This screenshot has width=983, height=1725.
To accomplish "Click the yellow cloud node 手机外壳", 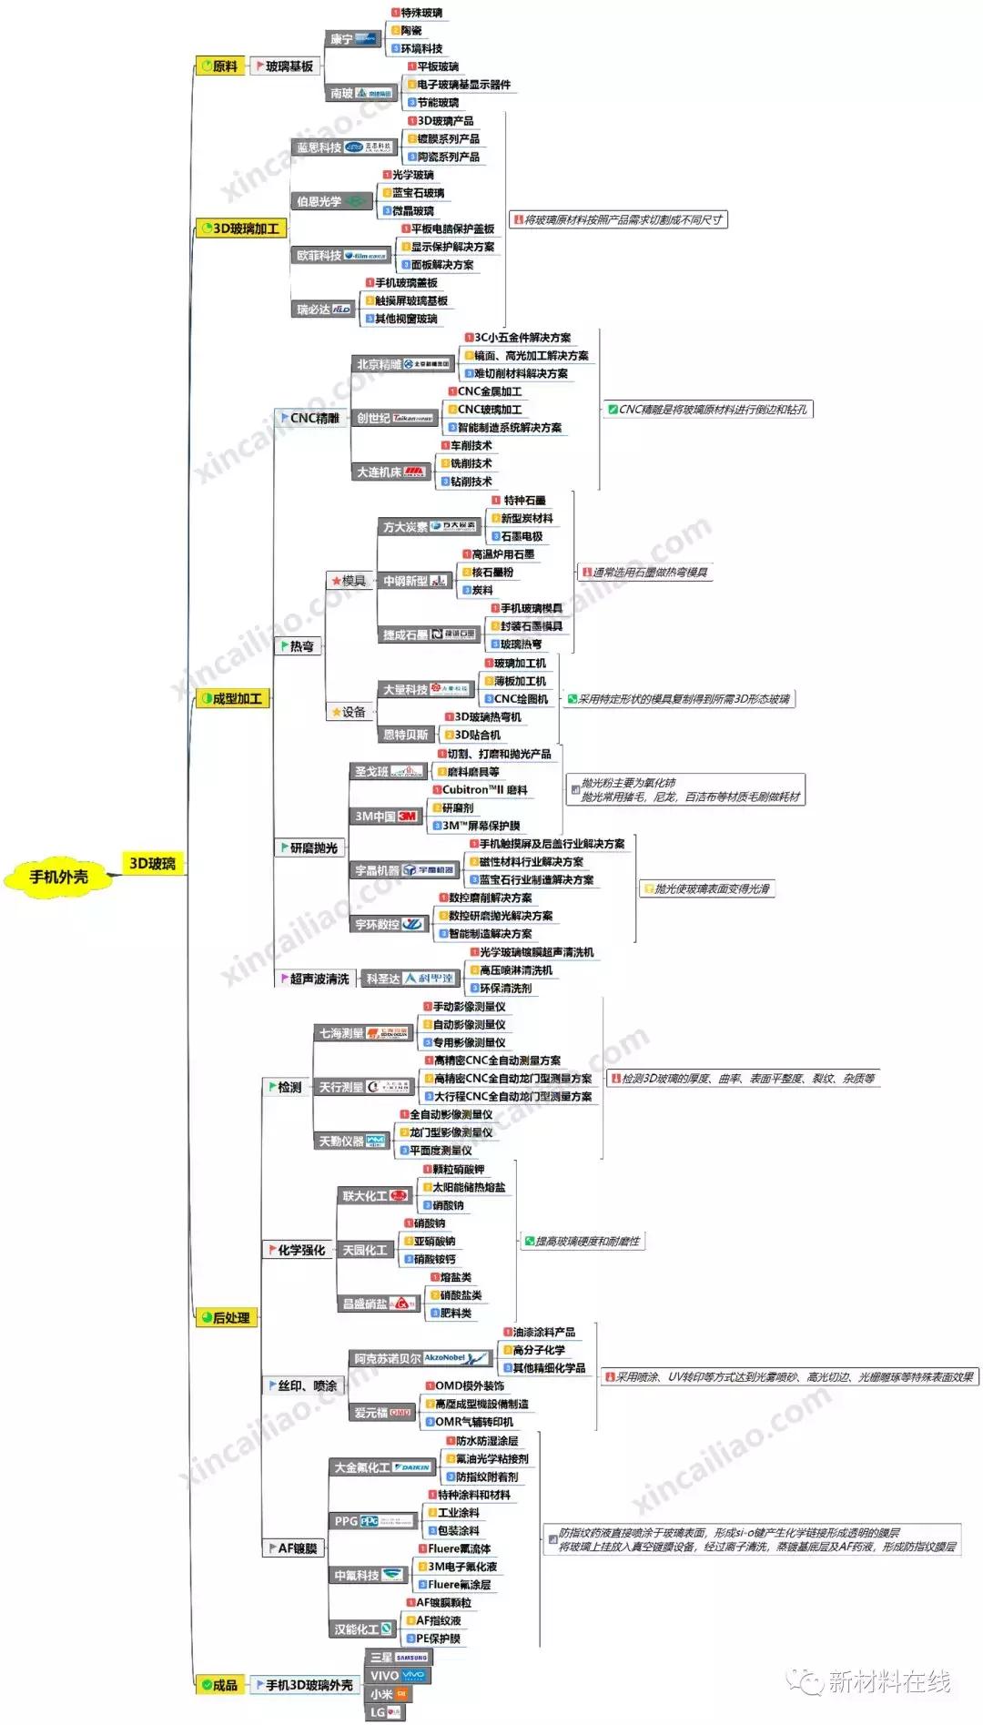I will pos(59,877).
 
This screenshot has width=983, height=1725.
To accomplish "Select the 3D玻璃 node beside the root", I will pos(152,863).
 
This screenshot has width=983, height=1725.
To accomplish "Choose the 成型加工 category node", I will pos(233,698).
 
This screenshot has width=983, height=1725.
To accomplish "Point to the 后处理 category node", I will pos(227,1317).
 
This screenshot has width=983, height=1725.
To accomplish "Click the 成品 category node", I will pos(220,1685).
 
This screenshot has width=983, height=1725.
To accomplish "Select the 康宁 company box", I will pos(352,39).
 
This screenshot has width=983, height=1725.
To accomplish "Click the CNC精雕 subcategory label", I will pos(311,418).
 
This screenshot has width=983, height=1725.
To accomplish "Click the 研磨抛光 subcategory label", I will pos(310,847).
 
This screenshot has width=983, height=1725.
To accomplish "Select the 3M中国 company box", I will pos(385,817).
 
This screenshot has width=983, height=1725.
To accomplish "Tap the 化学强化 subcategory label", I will pos(298,1250).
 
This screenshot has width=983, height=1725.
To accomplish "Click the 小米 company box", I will pos(390,1694).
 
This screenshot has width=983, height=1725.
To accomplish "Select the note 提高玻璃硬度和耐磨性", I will pos(583,1241).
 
